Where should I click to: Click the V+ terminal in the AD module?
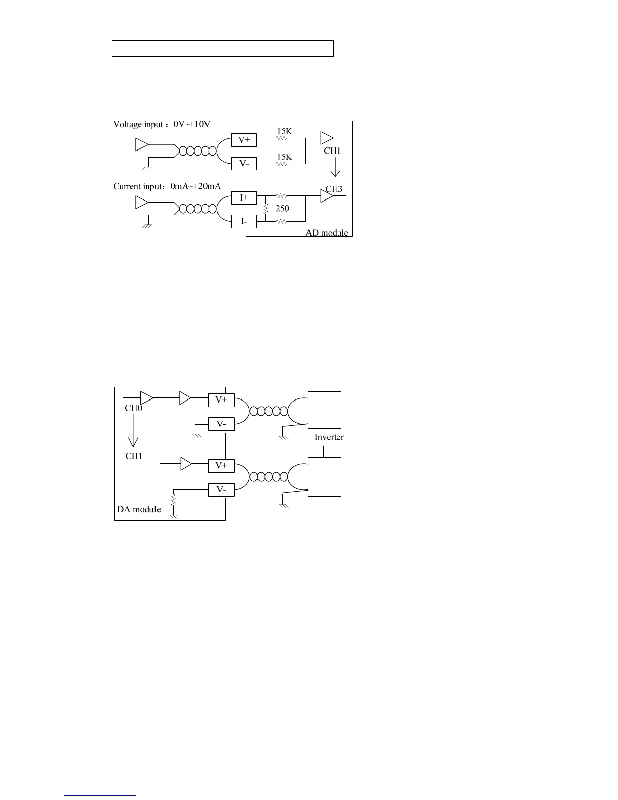pyautogui.click(x=244, y=140)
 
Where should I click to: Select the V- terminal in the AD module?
pyautogui.click(x=244, y=164)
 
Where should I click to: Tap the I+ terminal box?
pyautogui.click(x=244, y=197)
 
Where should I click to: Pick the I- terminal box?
pyautogui.click(x=244, y=221)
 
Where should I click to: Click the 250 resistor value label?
pyautogui.click(x=282, y=208)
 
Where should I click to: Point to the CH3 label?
pyautogui.click(x=334, y=189)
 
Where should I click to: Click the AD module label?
pyautogui.click(x=327, y=233)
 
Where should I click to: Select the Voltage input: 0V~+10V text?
pyautogui.click(x=162, y=124)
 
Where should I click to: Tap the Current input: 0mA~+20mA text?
pyautogui.click(x=167, y=186)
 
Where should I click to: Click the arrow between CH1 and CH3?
pyautogui.click(x=335, y=167)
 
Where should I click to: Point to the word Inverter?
pyautogui.click(x=329, y=437)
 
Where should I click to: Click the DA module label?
pyautogui.click(x=139, y=509)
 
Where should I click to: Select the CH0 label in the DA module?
pyautogui.click(x=134, y=408)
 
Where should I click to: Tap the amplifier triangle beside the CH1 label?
pyautogui.click(x=186, y=463)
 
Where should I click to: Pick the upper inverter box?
pyautogui.click(x=325, y=410)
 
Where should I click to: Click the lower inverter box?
pyautogui.click(x=325, y=477)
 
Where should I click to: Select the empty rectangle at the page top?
pyautogui.click(x=222, y=48)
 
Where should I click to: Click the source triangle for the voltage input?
pyautogui.click(x=141, y=145)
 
